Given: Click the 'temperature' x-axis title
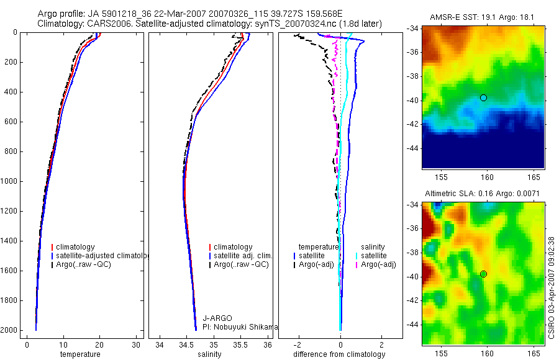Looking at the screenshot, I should (x=80, y=354).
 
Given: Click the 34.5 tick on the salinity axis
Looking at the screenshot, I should (x=186, y=344).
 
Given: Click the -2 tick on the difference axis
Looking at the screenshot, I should (x=299, y=344).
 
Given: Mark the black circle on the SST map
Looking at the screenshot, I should (x=483, y=97).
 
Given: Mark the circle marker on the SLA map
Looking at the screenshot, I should (x=483, y=274).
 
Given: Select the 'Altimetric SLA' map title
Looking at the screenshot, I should (x=482, y=194).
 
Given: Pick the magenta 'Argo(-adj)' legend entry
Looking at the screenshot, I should (x=378, y=265).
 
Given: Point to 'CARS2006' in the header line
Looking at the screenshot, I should (x=106, y=24).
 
